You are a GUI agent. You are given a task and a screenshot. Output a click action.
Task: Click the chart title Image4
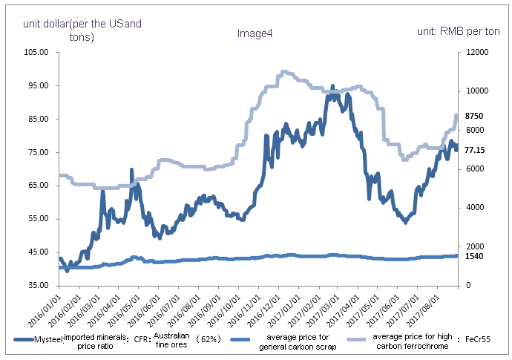pyautogui.click(x=255, y=33)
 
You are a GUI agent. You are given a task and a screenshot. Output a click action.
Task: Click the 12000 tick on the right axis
pyautogui.click(x=477, y=53)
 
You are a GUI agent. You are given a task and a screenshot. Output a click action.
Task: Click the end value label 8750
pyautogui.click(x=475, y=117)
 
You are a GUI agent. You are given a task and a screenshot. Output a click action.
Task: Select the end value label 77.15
pyautogui.click(x=475, y=150)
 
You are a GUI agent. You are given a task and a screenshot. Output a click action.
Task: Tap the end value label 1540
pyautogui.click(x=475, y=256)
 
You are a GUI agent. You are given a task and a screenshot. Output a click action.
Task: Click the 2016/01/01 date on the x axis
pyautogui.click(x=49, y=309)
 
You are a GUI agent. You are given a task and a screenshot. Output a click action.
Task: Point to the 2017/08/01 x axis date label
pyautogui.click(x=433, y=309)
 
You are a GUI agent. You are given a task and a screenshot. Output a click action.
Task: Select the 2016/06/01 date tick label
pyautogui.click(x=148, y=309)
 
